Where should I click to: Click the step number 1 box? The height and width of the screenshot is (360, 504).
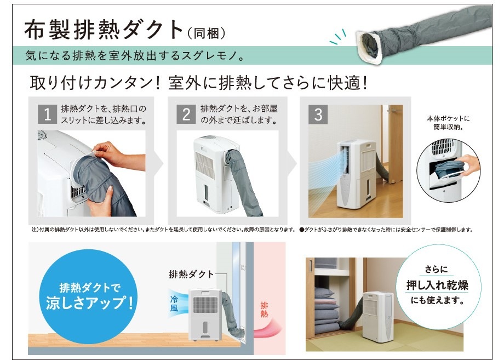pos(47,114)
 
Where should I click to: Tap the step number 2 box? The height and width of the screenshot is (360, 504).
pos(186,114)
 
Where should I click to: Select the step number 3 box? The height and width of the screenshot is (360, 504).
pos(318,114)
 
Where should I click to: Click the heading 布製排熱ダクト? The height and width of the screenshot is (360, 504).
pos(104,30)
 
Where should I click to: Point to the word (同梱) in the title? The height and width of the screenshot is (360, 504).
pos(206,33)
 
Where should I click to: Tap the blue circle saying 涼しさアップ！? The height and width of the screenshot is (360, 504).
pos(88,296)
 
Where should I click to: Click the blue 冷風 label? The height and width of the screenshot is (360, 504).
pos(174,304)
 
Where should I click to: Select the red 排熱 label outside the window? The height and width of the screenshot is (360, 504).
pos(264,310)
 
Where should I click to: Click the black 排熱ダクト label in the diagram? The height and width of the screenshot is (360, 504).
pos(192,274)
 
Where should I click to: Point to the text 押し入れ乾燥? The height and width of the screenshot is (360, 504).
pos(437,285)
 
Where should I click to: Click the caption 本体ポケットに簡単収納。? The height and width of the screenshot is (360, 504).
pos(448,123)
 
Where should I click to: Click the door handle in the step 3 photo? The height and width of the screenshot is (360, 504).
pos(394,110)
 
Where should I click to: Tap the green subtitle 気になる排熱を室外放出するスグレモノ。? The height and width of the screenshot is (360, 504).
pos(135,55)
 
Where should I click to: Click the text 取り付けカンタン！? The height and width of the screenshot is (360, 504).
pos(95,83)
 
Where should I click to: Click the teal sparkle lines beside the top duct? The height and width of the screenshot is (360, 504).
pos(338,37)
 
